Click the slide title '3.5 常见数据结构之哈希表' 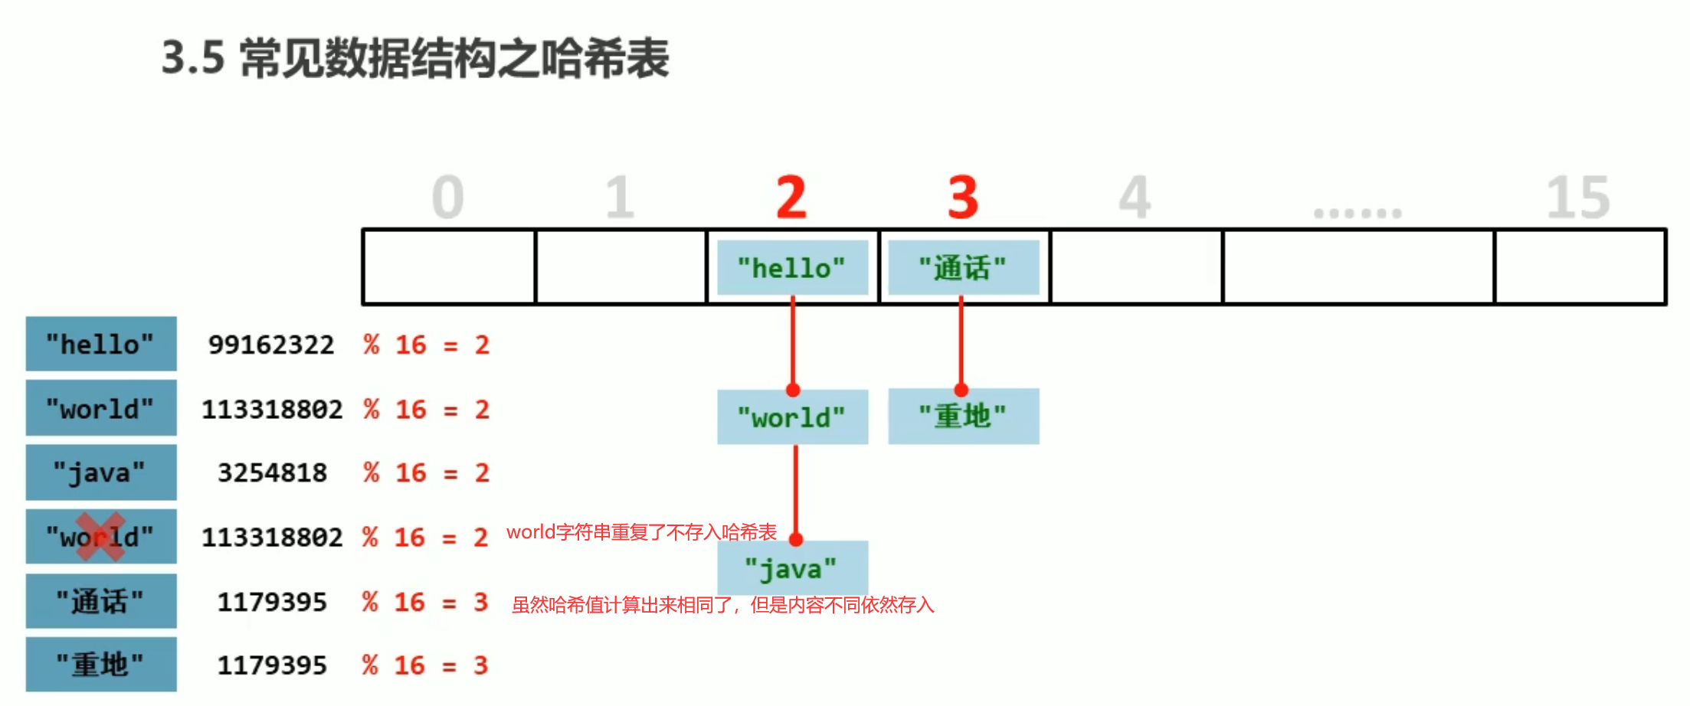coord(415,59)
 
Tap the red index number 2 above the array coord(791,197)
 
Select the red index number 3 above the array coord(963,197)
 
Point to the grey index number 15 coord(1578,197)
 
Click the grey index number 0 coord(448,197)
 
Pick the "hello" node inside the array coord(792,268)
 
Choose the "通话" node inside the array coord(963,268)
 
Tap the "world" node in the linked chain coord(792,417)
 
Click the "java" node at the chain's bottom coord(792,568)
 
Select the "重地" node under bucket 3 coord(963,417)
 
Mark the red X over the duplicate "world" coord(100,536)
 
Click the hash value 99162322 coord(271,345)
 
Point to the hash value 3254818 coord(272,472)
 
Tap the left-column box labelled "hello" coord(100,344)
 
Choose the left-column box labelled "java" coord(100,472)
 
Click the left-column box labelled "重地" coord(100,664)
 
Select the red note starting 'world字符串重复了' coord(641,532)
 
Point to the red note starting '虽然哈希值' coord(722,605)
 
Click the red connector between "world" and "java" coord(795,490)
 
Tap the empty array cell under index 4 coord(1136,266)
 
